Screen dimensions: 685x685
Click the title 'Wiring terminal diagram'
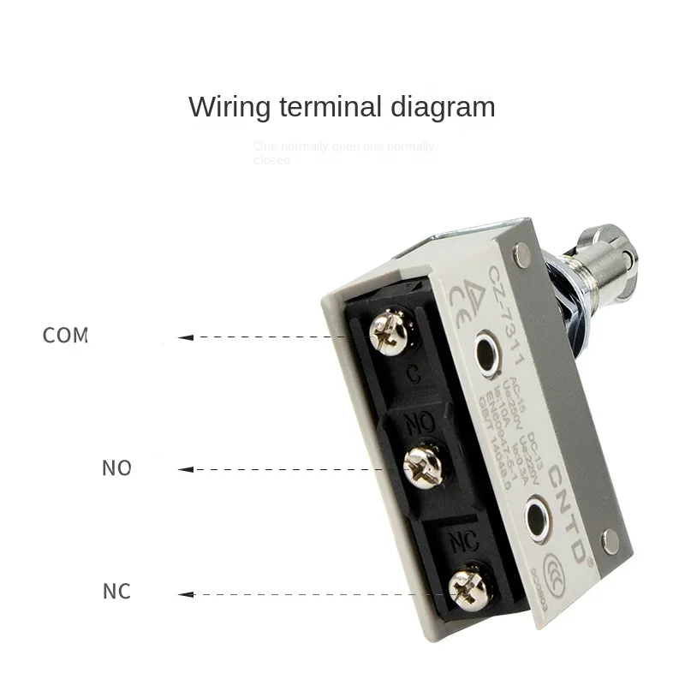pos(342,107)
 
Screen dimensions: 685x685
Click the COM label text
pos(66,335)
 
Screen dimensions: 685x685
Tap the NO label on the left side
pos(116,468)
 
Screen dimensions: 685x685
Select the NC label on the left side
pos(116,592)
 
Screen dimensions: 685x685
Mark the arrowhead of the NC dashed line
pos(190,593)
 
